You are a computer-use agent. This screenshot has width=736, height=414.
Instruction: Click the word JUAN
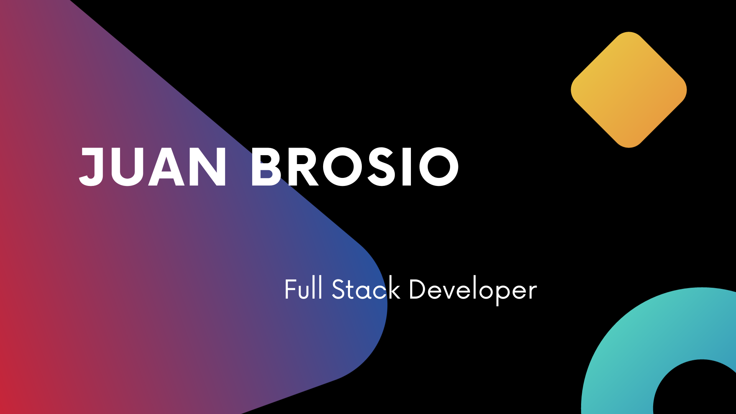coord(153,167)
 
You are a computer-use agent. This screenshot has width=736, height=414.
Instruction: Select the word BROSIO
coord(355,167)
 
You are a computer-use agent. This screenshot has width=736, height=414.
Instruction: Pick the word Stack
coord(366,288)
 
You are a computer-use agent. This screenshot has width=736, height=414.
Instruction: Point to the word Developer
coord(473,291)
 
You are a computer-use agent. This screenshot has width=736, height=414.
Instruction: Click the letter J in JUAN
coord(92,167)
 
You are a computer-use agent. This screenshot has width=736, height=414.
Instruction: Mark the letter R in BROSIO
coord(303,167)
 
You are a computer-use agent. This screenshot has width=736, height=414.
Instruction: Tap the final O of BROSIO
coord(438,167)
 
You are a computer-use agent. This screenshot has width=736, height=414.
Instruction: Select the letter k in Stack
coord(393,287)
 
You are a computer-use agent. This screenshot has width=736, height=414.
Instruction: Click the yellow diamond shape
coord(629,90)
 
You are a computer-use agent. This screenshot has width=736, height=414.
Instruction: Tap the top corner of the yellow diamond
coord(629,32)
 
